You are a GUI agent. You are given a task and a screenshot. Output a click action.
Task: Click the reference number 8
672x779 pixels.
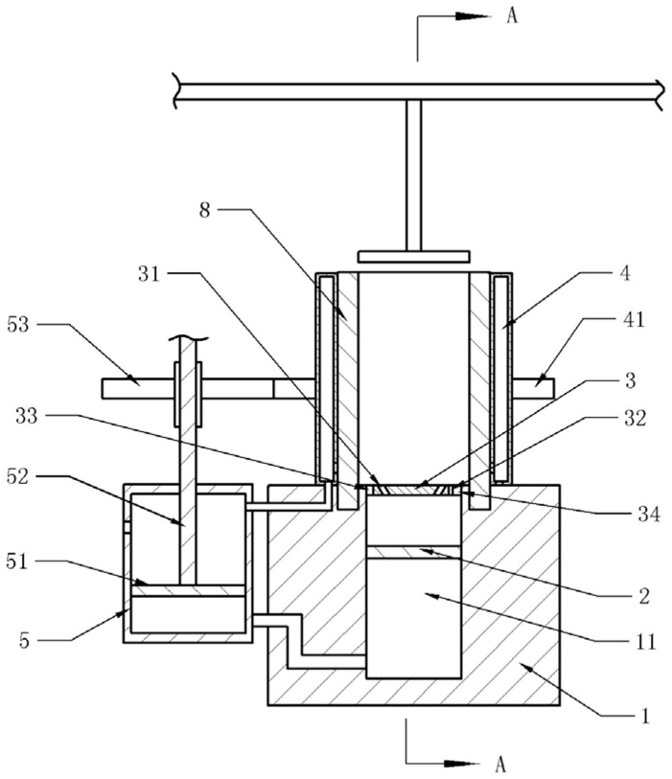[x=205, y=210]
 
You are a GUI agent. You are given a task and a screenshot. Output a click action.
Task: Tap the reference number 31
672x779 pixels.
[x=150, y=274]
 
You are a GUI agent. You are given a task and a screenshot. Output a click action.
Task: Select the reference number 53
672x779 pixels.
[x=18, y=325]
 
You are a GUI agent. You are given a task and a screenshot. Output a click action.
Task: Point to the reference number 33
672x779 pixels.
[x=26, y=415]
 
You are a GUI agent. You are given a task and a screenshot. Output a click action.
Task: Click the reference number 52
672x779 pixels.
[x=17, y=476]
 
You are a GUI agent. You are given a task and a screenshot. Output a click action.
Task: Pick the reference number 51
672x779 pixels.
[x=17, y=561]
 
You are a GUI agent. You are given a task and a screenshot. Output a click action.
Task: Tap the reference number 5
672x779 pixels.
[x=25, y=640]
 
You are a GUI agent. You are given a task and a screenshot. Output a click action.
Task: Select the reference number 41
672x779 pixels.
[x=634, y=319]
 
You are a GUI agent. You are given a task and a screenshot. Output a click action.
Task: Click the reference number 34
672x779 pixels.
[x=649, y=515]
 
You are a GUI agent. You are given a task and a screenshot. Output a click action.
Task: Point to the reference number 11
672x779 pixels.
[x=646, y=642]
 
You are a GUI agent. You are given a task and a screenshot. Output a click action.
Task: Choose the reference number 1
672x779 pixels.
[x=644, y=717]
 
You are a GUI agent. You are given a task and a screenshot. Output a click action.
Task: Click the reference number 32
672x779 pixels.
[x=635, y=419]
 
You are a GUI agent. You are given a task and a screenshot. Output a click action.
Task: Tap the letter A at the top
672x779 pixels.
[x=512, y=16]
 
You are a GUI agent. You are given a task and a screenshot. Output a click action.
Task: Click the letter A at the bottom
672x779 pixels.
[x=500, y=763]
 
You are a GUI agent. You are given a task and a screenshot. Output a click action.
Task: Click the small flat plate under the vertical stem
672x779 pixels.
[x=413, y=257]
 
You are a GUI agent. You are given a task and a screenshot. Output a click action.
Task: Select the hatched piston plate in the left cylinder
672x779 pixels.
[x=188, y=590]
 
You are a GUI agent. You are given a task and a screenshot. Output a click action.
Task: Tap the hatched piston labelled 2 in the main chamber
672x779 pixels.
[x=413, y=552]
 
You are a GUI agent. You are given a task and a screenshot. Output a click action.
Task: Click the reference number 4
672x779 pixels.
[x=624, y=273]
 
